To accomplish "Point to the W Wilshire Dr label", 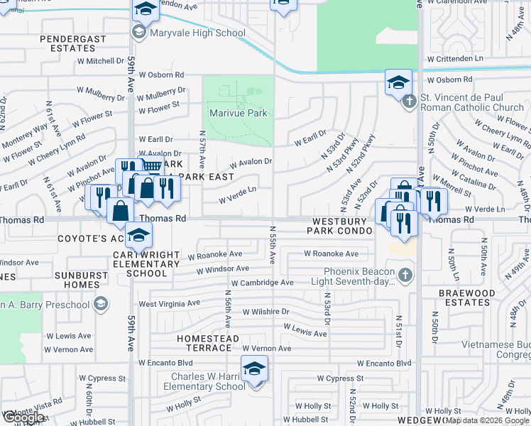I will click(x=266, y=312).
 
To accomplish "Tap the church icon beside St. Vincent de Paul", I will click(x=409, y=102).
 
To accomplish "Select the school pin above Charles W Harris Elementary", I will click(x=254, y=368).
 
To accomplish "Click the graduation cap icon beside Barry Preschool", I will click(x=101, y=305).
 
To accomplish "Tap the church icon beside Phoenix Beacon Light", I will click(x=405, y=275).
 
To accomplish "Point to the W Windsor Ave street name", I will click(x=223, y=269).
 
